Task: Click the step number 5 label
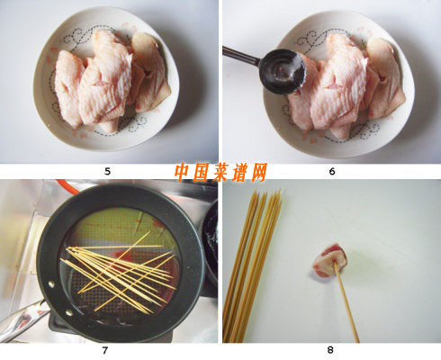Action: click(107, 171)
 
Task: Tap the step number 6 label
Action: click(332, 171)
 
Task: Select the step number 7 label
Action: click(104, 350)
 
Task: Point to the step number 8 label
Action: click(330, 350)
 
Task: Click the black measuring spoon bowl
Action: click(282, 71)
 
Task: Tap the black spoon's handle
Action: click(241, 56)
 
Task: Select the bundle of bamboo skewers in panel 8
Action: click(251, 265)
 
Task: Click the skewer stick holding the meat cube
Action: click(346, 303)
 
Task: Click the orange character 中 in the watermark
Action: click(184, 172)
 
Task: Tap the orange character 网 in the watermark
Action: click(258, 172)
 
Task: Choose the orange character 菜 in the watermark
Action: click(220, 172)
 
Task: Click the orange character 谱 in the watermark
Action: click(239, 172)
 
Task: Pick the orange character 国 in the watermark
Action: click(202, 172)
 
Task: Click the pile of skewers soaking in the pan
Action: click(119, 273)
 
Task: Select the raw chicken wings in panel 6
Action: click(345, 85)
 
